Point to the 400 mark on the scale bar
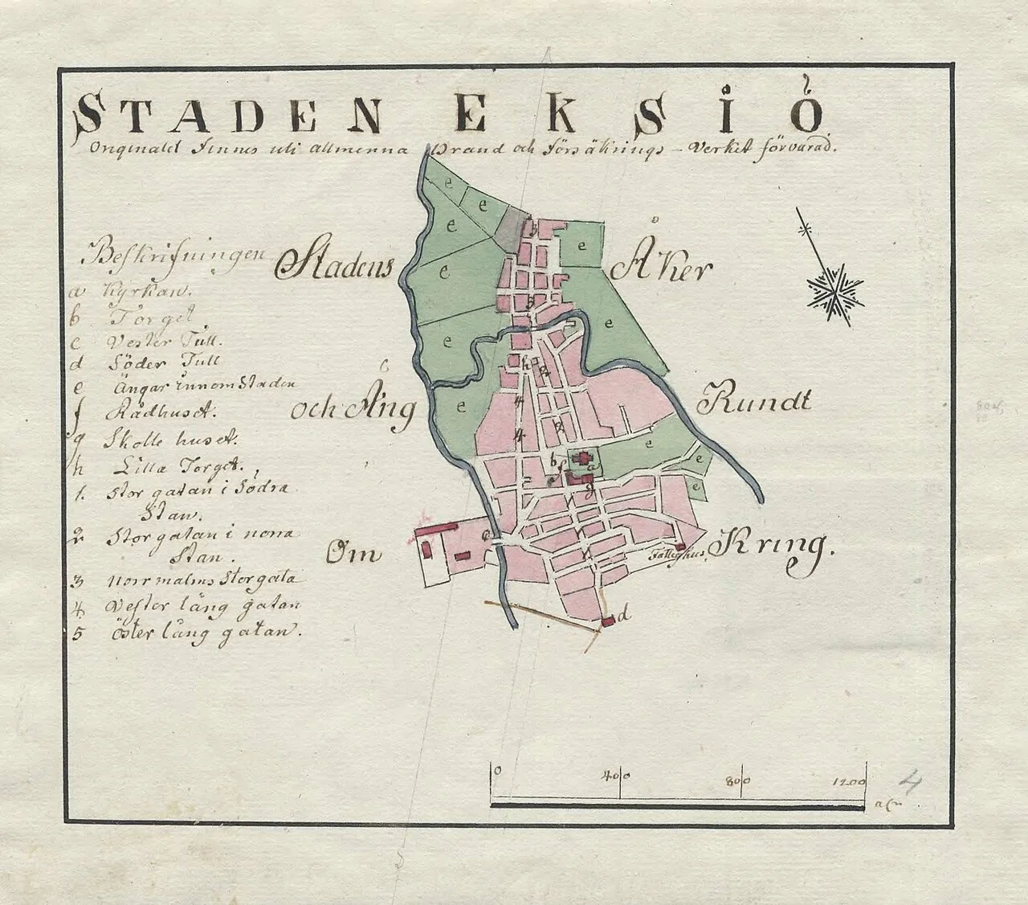pos(615,777)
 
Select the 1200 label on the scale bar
pos(849,780)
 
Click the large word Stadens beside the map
pos(332,264)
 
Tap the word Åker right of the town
pos(660,269)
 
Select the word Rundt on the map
pos(757,400)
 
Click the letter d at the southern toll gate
pos(624,615)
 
